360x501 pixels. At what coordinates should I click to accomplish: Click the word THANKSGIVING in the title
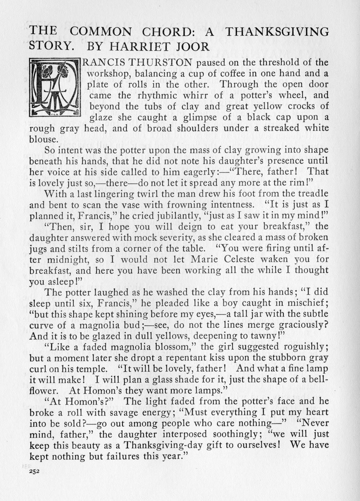(277, 32)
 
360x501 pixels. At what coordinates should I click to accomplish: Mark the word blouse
(43, 139)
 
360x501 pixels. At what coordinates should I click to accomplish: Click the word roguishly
(304, 347)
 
